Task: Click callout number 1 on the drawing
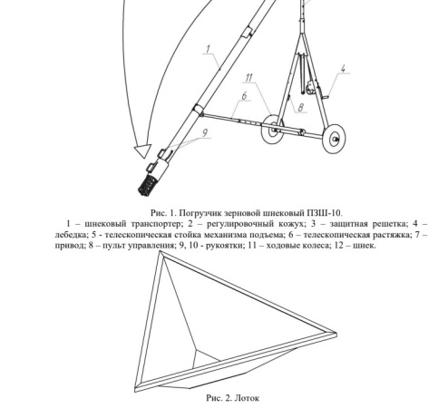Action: coord(208,49)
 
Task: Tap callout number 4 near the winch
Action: coord(343,68)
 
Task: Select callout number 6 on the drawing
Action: coord(244,96)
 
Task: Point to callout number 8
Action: coord(300,108)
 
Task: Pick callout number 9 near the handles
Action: coord(205,132)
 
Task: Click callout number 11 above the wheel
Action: coord(248,78)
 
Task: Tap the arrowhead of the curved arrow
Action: coord(142,151)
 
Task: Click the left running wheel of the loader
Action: coord(273,129)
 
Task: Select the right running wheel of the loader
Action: coord(334,139)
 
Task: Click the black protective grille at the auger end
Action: coord(147,186)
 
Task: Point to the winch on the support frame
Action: coord(310,88)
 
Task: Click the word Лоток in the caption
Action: coord(247,398)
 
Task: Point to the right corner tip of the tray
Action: coord(336,334)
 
